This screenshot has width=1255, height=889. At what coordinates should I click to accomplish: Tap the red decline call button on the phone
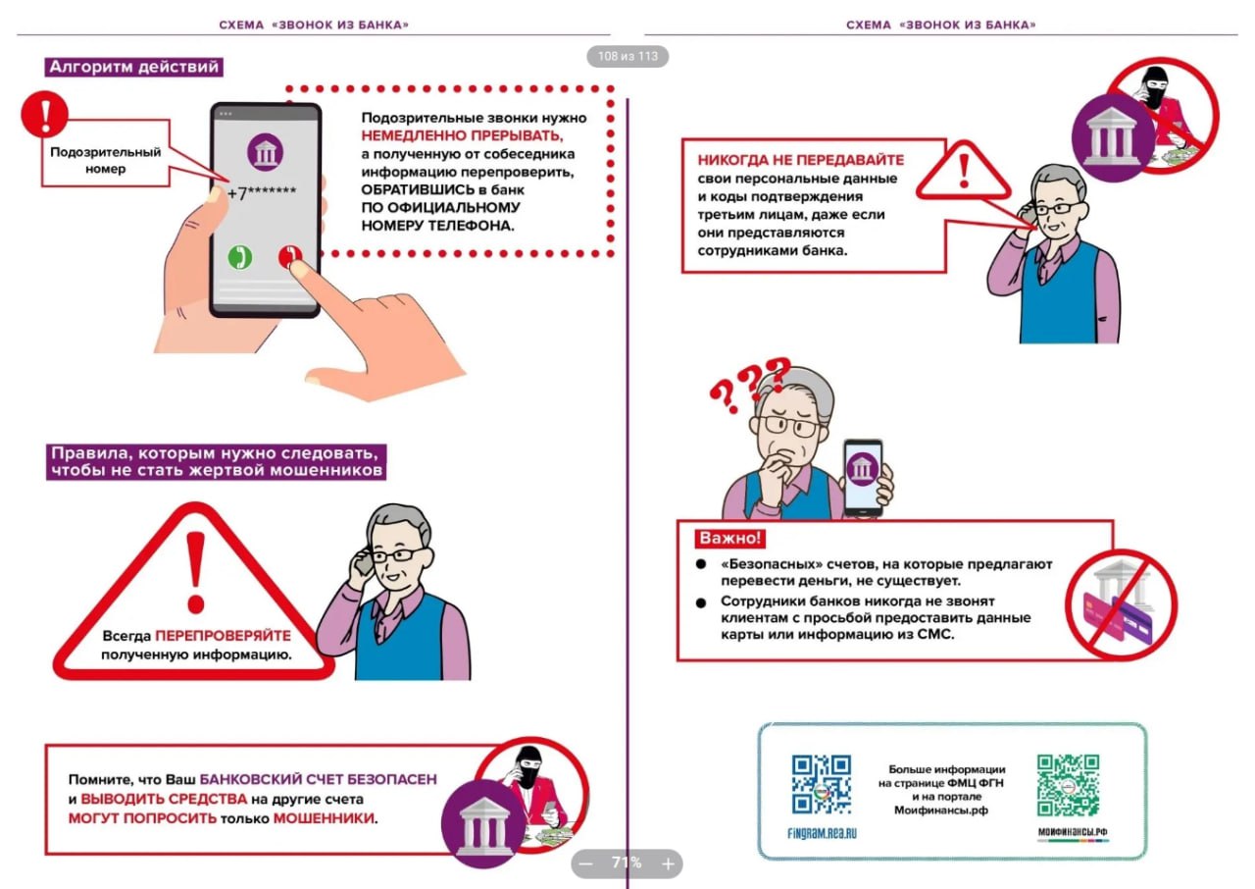tap(289, 257)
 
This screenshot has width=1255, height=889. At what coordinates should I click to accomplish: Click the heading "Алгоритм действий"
tap(134, 68)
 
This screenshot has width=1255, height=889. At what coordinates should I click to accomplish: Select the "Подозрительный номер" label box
tap(106, 160)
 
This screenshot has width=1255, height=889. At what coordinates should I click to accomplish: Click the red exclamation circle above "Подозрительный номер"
tap(44, 113)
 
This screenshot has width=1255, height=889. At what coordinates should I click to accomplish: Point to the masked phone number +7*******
tap(266, 194)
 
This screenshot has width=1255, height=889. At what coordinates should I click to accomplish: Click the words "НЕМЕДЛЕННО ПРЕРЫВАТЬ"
tap(463, 135)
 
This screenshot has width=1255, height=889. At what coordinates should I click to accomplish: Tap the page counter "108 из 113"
tap(627, 56)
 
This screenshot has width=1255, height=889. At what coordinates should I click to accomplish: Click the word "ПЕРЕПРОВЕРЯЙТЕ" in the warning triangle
tap(223, 635)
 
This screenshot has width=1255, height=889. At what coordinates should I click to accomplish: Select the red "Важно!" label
tap(729, 539)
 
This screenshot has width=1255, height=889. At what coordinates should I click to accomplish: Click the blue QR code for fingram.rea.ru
tap(821, 786)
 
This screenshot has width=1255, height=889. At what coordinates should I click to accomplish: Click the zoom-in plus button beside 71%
tap(668, 863)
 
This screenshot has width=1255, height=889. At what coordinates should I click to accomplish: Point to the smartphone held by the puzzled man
tap(863, 476)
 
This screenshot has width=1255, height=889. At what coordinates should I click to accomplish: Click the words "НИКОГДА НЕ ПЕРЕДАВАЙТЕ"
tap(801, 160)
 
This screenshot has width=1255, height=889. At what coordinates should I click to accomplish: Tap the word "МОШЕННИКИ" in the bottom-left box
tap(324, 817)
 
